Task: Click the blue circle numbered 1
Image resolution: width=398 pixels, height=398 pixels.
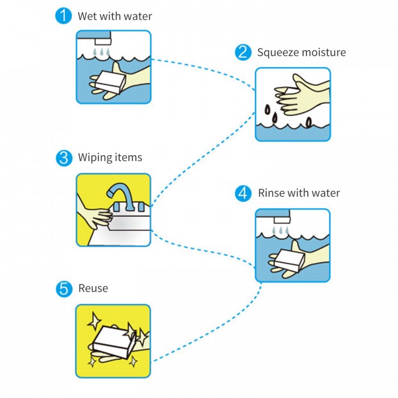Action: point(64,16)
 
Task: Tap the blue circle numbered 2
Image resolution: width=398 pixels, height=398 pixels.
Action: point(243,52)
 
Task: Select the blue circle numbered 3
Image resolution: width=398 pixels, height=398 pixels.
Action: point(64,158)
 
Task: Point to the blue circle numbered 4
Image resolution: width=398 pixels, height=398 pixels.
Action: point(243,193)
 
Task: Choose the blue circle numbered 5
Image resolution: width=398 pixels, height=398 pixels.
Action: point(64,289)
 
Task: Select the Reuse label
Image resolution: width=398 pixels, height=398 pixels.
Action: point(93,288)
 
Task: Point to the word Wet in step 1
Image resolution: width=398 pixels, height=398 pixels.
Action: point(88,16)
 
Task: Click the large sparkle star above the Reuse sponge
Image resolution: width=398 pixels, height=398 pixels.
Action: point(94,321)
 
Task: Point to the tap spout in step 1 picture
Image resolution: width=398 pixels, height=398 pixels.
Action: point(103,42)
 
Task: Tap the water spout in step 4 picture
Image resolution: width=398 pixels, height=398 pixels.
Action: point(282,220)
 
